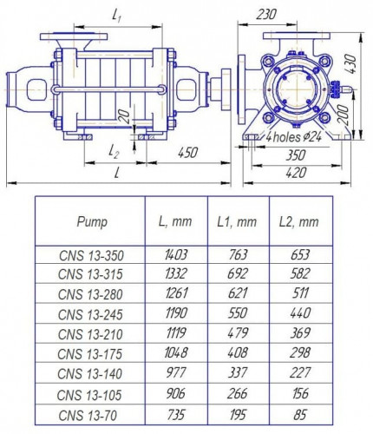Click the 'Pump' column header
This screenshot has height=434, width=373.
click(x=91, y=221)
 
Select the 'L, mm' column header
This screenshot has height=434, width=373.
click(x=176, y=221)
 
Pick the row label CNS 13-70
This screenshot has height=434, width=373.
click(x=90, y=417)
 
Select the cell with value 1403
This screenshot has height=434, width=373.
click(x=176, y=256)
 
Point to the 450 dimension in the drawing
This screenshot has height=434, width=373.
click(x=186, y=152)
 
